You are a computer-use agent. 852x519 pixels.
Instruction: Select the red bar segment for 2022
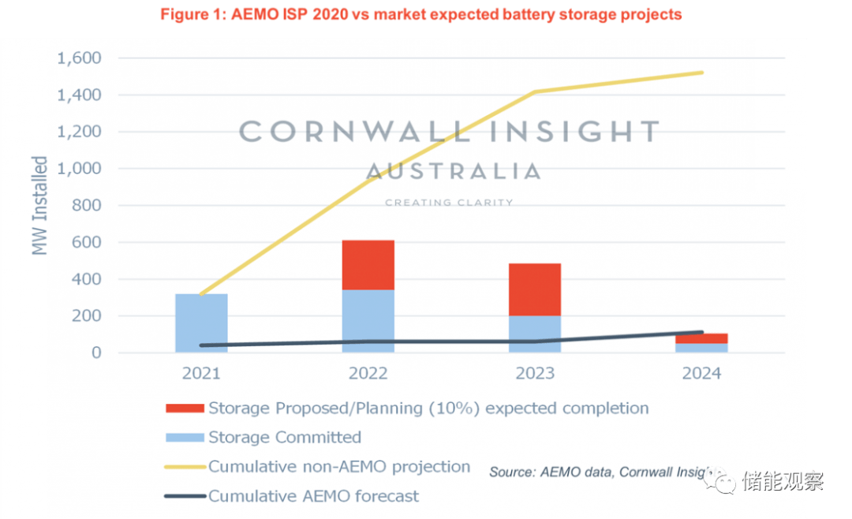coord(368,265)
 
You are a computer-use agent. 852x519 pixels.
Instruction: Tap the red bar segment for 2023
coord(534,289)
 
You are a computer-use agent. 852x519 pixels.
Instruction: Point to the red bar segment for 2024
coord(701,338)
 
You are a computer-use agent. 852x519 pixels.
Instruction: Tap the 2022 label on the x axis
coord(368,373)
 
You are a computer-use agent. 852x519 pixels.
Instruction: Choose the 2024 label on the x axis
coord(701,373)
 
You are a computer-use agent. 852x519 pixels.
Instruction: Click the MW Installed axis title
coord(39,205)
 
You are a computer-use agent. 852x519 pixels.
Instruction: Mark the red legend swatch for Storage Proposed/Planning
coord(185,409)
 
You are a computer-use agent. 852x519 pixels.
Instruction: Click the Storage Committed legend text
coord(285,438)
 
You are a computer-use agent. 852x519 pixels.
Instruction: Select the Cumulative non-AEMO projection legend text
coord(339,467)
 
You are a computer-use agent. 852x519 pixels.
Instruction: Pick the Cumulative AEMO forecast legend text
coord(314,496)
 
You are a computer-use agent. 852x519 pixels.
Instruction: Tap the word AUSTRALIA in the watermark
coord(454,171)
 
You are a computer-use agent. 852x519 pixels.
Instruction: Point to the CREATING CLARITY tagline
coord(449,203)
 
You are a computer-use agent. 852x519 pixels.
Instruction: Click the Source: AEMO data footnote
coord(600,472)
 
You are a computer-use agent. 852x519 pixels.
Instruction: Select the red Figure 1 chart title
coord(420,14)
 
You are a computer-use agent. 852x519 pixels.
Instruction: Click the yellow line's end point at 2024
coord(702,73)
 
